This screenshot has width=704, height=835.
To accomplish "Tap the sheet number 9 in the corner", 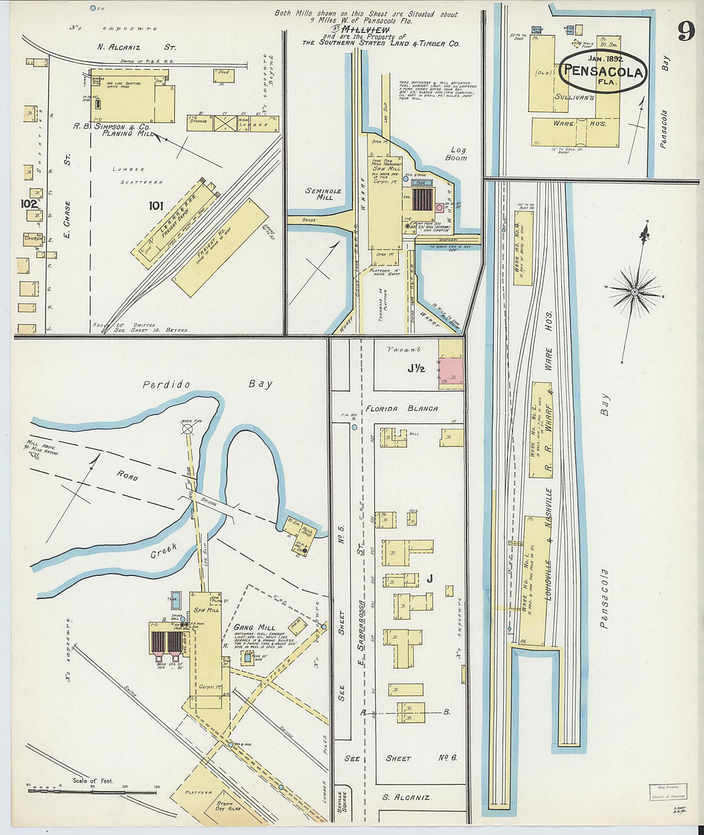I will (x=685, y=31).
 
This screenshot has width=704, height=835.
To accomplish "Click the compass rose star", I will (x=634, y=291).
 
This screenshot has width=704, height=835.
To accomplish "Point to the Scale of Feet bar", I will (x=93, y=791).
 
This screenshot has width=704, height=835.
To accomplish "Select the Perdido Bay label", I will (x=207, y=385).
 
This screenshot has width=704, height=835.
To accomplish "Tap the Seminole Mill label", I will (x=323, y=195).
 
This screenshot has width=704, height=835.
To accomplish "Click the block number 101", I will (x=156, y=205).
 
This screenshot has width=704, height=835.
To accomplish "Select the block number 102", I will (x=28, y=203).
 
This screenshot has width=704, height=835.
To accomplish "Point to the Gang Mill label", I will (x=254, y=627).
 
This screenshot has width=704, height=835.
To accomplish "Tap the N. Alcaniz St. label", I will (x=136, y=47).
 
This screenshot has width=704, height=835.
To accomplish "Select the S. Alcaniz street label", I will (x=406, y=797).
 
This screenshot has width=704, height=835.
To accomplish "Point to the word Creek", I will (x=163, y=551).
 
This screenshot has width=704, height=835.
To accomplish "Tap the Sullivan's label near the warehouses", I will (x=574, y=97).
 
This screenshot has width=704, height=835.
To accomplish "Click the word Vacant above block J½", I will (x=404, y=349).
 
